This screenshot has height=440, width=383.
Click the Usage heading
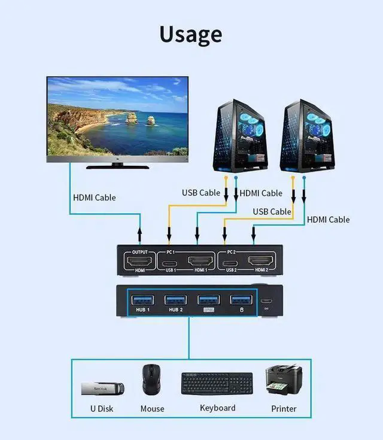191,34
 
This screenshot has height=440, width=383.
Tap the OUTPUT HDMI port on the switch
139,262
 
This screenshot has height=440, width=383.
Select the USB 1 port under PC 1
170,262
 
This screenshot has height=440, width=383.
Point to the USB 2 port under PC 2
230,262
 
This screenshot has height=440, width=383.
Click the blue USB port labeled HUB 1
142,299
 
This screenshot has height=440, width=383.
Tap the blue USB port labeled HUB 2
175,299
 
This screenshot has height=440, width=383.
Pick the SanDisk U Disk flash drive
102,389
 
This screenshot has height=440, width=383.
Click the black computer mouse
152,380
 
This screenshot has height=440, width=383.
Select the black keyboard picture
217,383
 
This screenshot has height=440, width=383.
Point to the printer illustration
284,380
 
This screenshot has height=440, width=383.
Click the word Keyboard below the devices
217,408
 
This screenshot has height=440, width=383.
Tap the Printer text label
284,408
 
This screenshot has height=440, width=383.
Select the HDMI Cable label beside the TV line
95,197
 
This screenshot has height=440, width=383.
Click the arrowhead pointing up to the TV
140,230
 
